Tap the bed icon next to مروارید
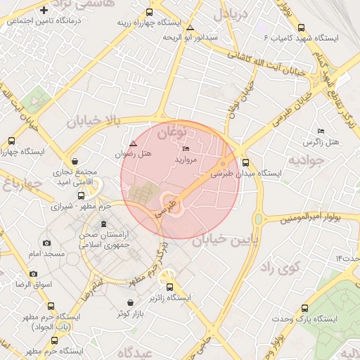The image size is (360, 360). tap(186, 149)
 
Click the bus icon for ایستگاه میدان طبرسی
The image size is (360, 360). tap(245, 162)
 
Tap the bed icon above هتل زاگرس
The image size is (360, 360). tap(321, 131)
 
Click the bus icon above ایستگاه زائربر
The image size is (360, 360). tap(169, 287)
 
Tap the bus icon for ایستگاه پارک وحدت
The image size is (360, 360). tap(304, 308)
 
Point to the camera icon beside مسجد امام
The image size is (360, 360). tap(46, 243)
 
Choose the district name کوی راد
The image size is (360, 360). tap(279, 268)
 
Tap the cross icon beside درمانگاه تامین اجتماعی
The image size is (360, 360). tap(45, 10)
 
